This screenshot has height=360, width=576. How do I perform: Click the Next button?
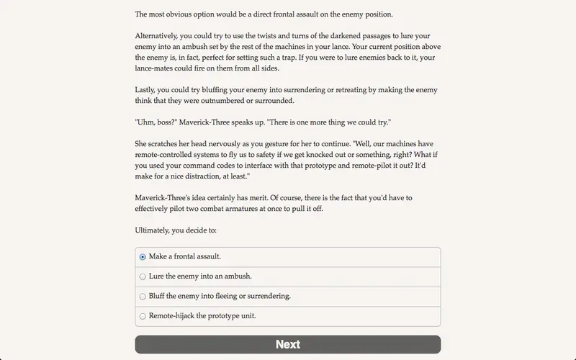point(287,344)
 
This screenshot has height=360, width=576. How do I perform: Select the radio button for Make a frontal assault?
point(143,257)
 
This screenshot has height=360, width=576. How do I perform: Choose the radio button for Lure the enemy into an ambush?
point(143,276)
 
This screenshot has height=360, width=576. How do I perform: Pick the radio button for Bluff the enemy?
point(143,296)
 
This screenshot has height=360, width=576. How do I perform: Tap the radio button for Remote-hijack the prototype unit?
point(143,315)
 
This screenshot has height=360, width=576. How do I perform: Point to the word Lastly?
point(146,90)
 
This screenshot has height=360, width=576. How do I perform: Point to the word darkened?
point(304,35)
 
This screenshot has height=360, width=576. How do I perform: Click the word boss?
point(171,122)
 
